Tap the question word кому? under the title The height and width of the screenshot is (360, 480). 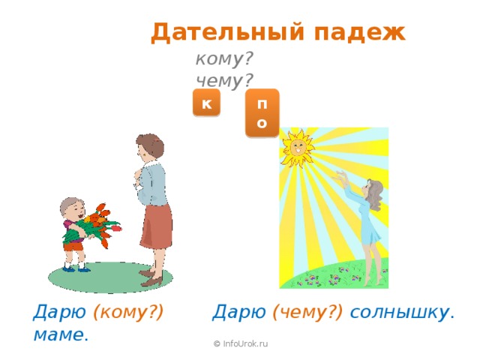click(223, 59)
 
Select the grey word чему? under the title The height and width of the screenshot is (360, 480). click(223, 79)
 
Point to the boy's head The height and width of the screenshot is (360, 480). click(72, 208)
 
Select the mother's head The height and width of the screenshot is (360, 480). click(147, 147)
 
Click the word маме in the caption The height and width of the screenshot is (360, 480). click(60, 334)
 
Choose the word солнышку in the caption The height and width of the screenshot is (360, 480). click(401, 312)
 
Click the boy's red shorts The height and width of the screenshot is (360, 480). click(73, 245)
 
